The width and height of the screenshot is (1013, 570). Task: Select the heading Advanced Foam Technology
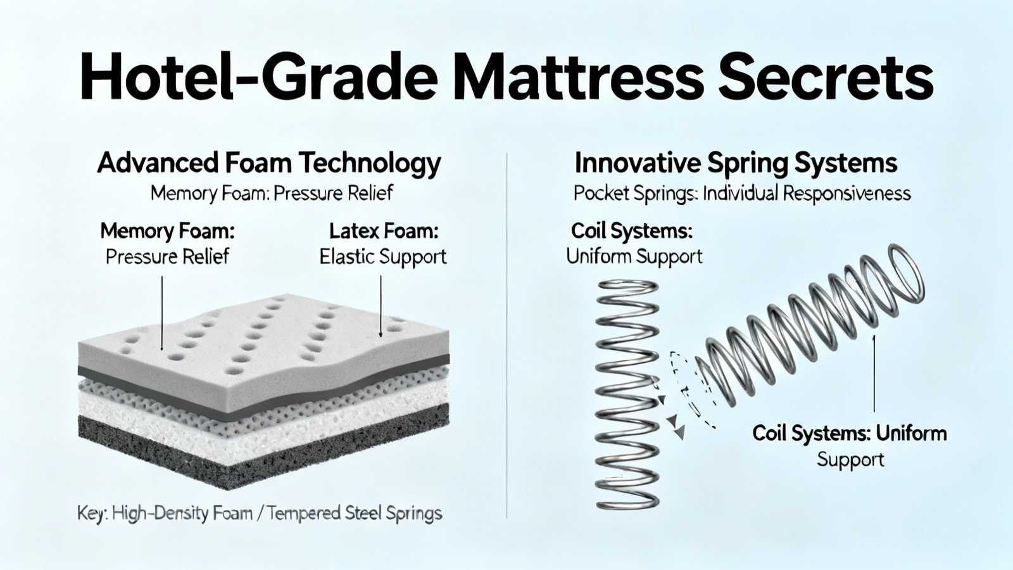click(268, 164)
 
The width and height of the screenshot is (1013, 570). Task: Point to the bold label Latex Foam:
click(384, 231)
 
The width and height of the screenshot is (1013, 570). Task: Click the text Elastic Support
click(383, 257)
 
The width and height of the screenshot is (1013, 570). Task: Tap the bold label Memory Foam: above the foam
click(167, 231)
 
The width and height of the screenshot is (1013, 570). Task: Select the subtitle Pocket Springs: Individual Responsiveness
click(741, 194)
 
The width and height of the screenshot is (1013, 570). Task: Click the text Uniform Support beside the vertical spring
click(634, 256)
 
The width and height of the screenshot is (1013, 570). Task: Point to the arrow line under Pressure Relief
click(161, 313)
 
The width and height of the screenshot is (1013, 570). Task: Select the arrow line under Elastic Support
click(381, 307)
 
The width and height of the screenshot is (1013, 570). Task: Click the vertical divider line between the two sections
click(507, 335)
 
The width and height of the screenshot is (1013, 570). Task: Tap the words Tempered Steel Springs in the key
click(354, 514)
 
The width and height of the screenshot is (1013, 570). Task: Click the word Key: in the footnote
click(92, 514)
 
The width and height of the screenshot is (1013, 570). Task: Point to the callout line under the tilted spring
click(874, 373)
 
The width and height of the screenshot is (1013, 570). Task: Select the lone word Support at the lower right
click(850, 460)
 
